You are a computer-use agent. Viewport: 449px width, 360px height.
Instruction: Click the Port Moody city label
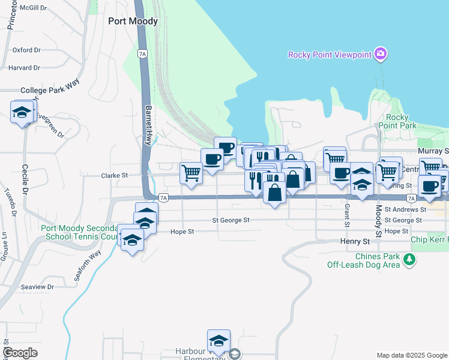[133, 21]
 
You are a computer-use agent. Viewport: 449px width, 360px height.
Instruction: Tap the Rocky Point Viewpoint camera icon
[380, 55]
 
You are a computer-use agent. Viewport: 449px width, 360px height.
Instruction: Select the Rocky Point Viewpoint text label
[329, 55]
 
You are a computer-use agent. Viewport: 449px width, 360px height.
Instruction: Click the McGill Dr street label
[33, 8]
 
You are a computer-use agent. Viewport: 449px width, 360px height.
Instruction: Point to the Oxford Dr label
[26, 50]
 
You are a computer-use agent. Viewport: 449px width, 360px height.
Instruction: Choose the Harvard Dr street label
[24, 68]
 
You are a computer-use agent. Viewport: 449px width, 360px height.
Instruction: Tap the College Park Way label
[50, 90]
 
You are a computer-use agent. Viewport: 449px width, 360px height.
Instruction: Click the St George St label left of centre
[231, 220]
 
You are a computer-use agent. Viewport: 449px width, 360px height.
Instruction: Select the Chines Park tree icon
[409, 259]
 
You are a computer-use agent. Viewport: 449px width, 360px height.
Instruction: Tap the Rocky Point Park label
[397, 121]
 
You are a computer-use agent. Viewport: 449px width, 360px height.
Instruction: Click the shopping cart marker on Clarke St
[191, 173]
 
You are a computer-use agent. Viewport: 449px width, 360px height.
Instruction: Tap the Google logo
[20, 353]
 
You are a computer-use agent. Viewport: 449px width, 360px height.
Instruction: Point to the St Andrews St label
[405, 210]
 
